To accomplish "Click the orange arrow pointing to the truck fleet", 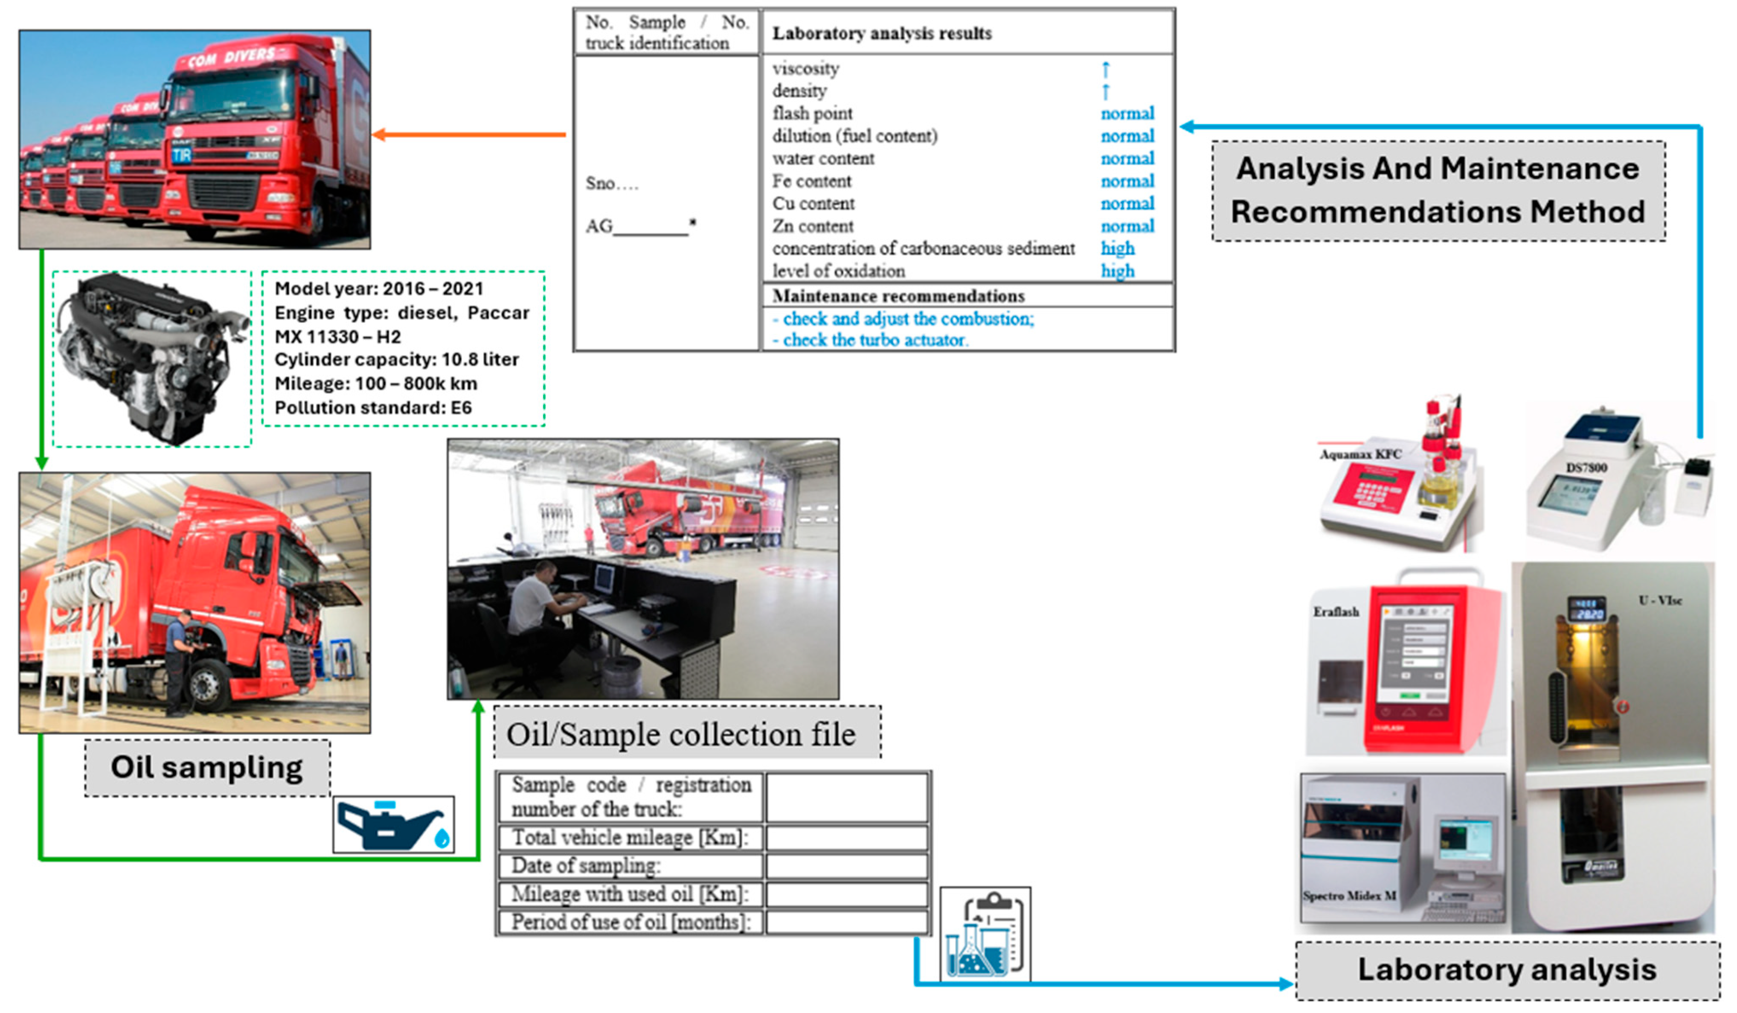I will pyautogui.click(x=469, y=134).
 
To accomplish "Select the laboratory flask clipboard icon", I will pyautogui.click(x=986, y=934).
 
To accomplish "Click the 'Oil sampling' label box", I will pyautogui.click(x=207, y=768).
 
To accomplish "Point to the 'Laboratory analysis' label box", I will pyautogui.click(x=1507, y=969).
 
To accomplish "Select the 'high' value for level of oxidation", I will pyautogui.click(x=1117, y=271).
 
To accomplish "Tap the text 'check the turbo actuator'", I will pyautogui.click(x=875, y=341).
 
